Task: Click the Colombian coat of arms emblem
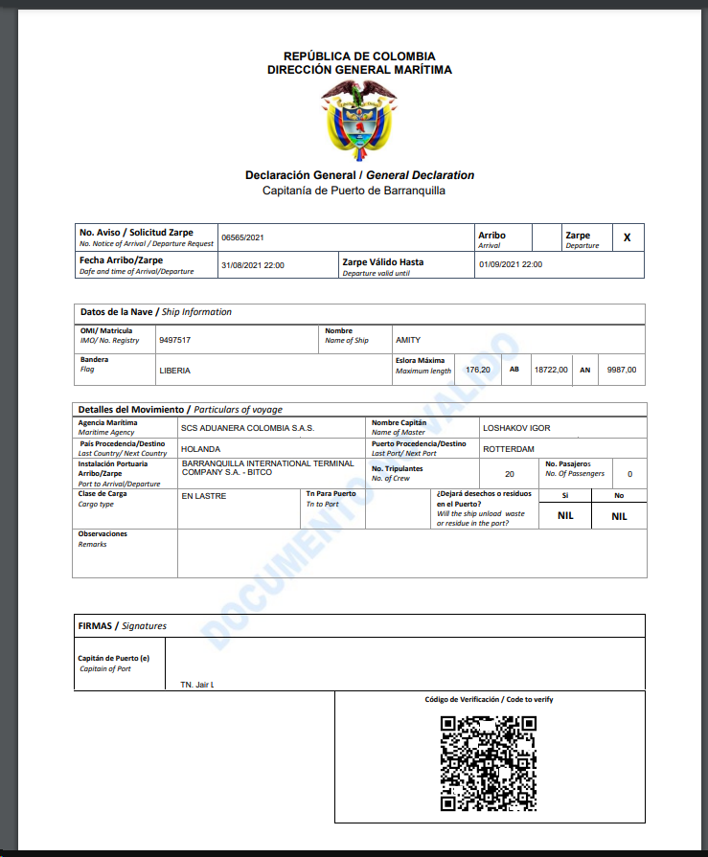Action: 358,120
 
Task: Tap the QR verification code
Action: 488,763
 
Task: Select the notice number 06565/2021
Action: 242,237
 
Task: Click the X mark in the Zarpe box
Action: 628,237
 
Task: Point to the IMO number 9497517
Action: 174,340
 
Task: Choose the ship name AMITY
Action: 408,340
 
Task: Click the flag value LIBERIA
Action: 174,370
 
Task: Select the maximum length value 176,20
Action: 477,370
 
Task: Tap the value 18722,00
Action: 551,370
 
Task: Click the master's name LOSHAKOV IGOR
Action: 516,428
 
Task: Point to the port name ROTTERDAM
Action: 509,448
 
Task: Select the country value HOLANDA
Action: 200,448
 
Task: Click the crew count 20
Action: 509,473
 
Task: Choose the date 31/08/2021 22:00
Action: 252,265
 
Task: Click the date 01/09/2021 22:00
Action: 511,264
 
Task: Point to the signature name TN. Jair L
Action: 197,685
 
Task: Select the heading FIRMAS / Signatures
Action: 122,626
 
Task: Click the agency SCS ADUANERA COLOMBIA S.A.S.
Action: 247,428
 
